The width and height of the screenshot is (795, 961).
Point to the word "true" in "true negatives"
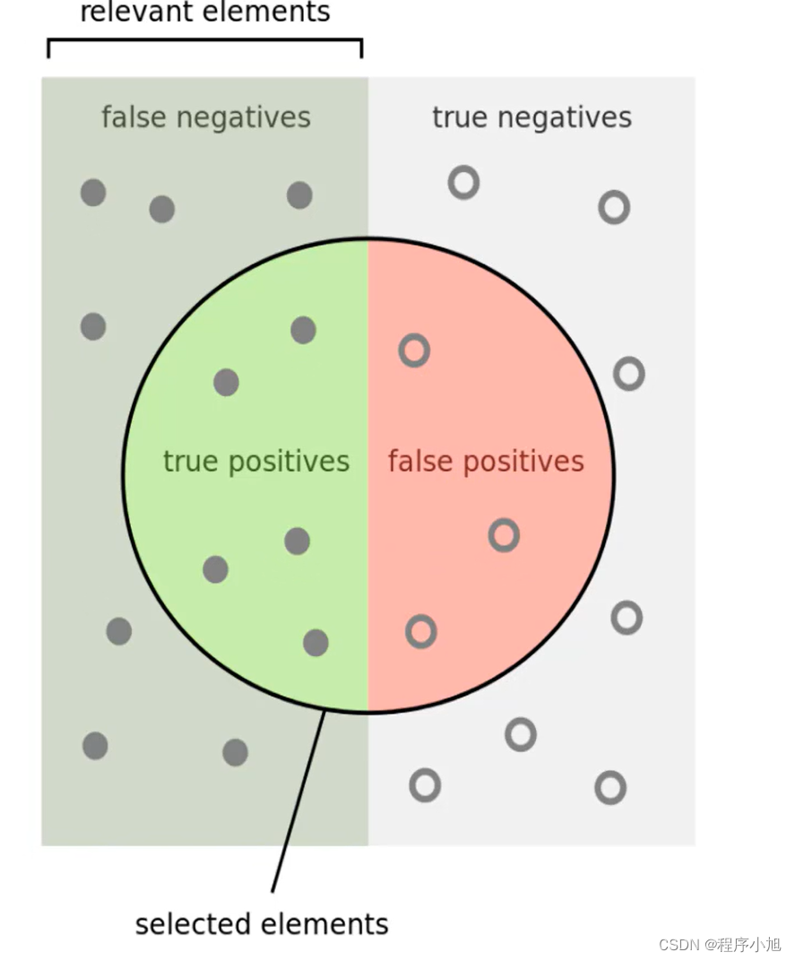[460, 117]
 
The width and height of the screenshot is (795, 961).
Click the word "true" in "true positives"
[191, 461]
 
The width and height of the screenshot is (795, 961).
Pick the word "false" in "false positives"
[421, 460]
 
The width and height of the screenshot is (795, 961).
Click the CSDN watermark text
[720, 945]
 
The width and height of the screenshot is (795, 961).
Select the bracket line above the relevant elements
[205, 40]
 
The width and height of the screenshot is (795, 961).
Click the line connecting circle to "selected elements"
[298, 801]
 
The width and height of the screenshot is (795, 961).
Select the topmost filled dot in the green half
[304, 330]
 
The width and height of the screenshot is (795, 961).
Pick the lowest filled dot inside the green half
[315, 643]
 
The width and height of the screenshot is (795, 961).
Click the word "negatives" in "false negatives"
[244, 117]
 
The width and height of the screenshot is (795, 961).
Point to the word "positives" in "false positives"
[523, 462]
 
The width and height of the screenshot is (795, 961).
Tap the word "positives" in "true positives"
[289, 462]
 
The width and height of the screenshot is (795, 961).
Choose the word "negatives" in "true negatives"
[565, 117]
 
